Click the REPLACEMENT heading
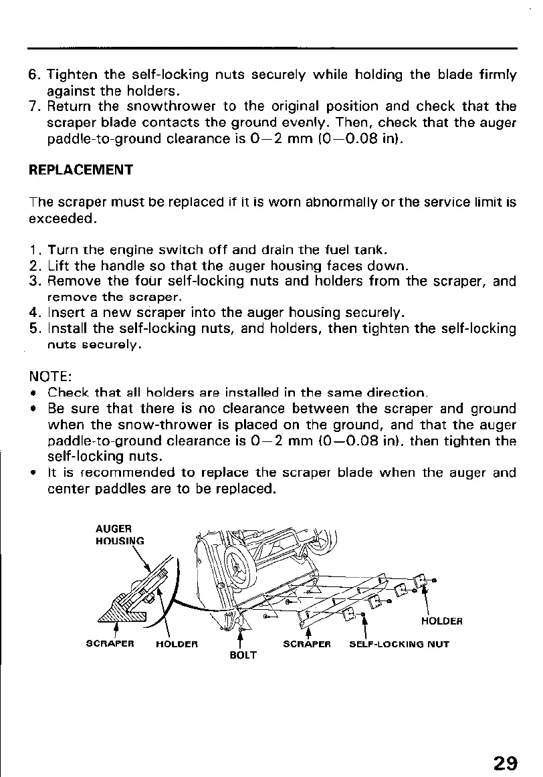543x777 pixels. pos(80,169)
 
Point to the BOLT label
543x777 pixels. pos(243,655)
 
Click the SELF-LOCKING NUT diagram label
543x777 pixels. pos(399,645)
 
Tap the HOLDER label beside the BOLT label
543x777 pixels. pos(177,645)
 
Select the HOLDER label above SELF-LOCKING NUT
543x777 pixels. pos(441,621)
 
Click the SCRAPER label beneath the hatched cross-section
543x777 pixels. pos(111,645)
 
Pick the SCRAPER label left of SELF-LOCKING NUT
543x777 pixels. pos(306,645)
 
